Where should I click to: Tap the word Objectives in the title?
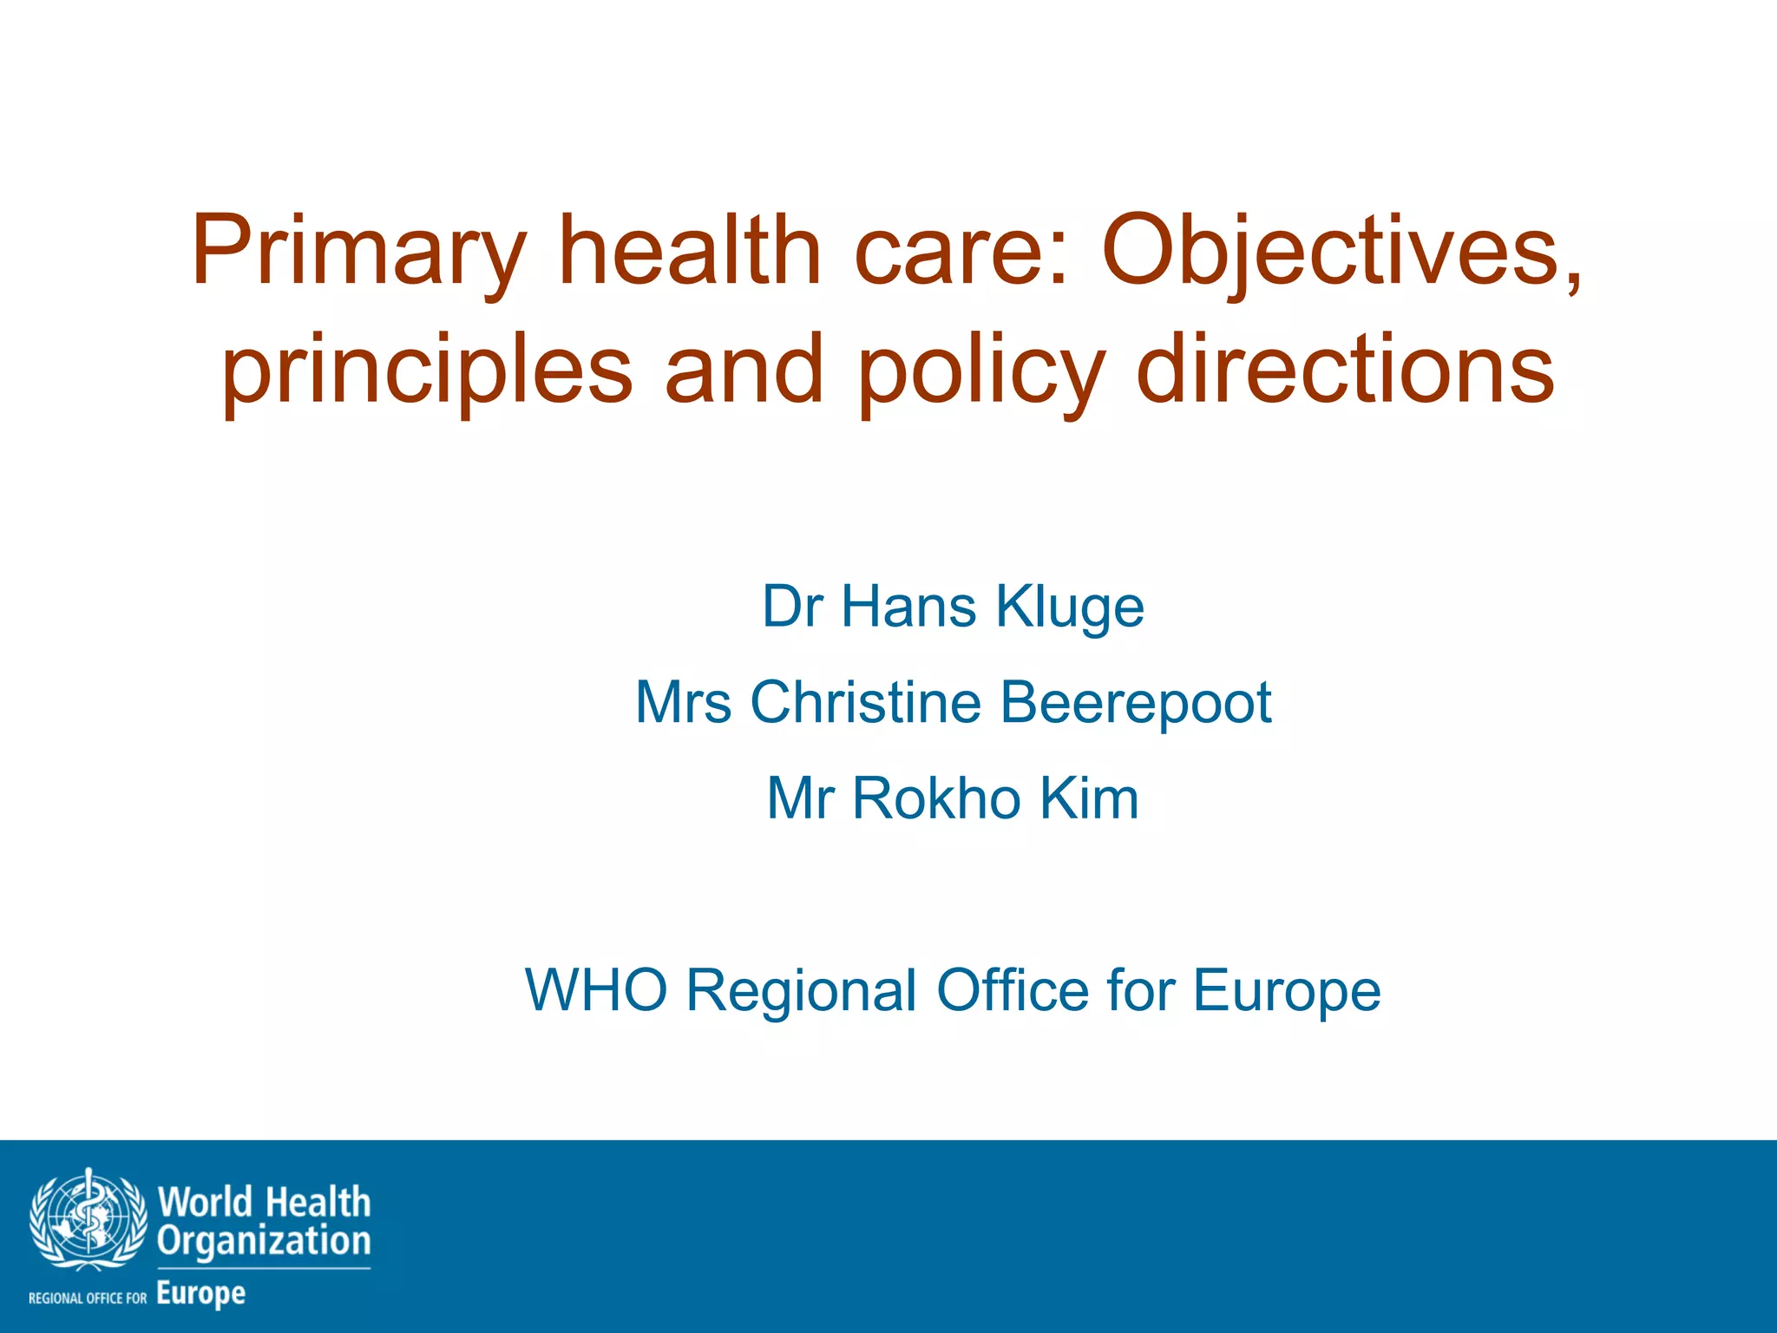(1341, 252)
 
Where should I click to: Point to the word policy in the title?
(981, 371)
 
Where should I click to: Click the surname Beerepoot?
(1136, 702)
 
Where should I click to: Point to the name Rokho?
(937, 798)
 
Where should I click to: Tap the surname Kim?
(1089, 798)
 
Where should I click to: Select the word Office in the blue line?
(1012, 990)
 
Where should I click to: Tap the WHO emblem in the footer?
(88, 1220)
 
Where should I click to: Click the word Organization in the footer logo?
(264, 1241)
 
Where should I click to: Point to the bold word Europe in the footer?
(201, 1294)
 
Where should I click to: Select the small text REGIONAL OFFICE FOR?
(88, 1298)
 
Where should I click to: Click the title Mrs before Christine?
(683, 702)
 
